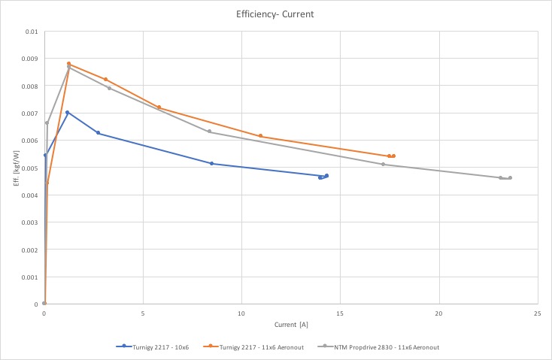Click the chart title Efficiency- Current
275,13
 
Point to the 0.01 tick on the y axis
30,32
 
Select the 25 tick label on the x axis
537,312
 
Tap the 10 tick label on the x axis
241,312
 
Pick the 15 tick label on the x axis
340,312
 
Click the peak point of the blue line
68,113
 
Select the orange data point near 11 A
261,136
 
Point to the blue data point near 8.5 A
212,163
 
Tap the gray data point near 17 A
383,164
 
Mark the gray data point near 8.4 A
210,132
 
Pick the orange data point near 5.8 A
159,107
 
